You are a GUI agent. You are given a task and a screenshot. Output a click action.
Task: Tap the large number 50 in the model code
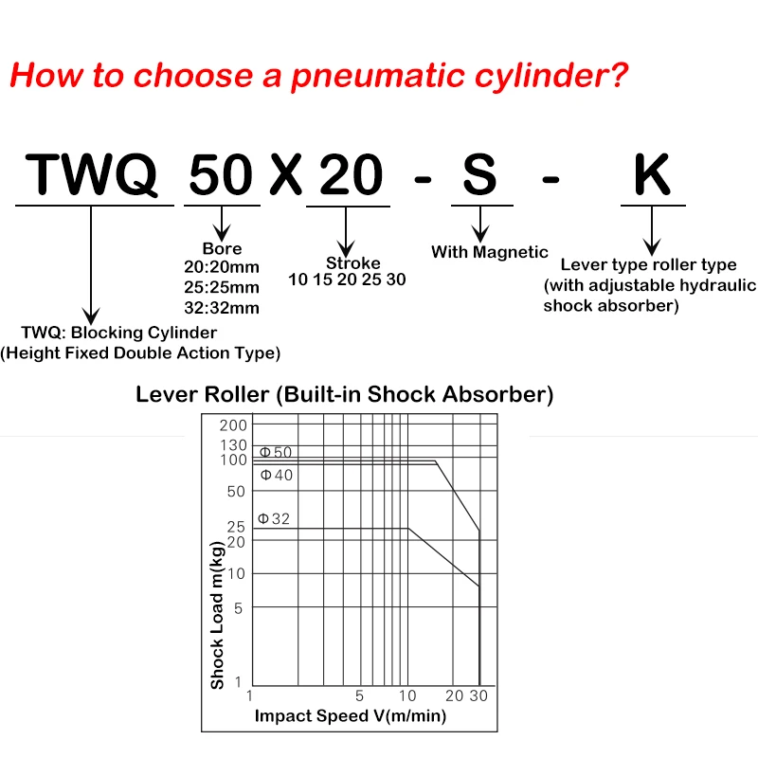tap(222, 174)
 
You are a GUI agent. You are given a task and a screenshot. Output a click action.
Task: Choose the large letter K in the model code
tap(651, 174)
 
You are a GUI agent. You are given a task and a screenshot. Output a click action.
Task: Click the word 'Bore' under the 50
tap(222, 249)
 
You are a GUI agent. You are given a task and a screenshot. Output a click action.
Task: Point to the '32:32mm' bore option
tap(222, 307)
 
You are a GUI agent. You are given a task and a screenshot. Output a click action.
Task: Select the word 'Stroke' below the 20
tap(352, 262)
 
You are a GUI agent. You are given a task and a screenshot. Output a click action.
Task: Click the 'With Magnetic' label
tap(489, 252)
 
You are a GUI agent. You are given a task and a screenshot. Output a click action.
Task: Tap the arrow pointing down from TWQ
tap(92, 265)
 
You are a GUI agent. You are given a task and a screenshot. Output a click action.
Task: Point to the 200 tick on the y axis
tap(232, 425)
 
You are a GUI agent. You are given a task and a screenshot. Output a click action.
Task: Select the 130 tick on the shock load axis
tap(232, 445)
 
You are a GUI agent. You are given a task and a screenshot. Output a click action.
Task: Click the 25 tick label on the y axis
tap(236, 526)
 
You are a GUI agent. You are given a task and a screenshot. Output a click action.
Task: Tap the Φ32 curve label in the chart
tap(275, 518)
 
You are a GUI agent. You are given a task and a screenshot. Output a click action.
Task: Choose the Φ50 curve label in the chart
tap(276, 452)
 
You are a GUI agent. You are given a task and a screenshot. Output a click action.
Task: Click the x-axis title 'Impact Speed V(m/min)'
tap(350, 715)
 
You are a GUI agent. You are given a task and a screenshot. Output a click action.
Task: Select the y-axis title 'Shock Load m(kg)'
tap(217, 616)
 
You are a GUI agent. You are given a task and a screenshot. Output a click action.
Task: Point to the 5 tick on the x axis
tap(359, 696)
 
